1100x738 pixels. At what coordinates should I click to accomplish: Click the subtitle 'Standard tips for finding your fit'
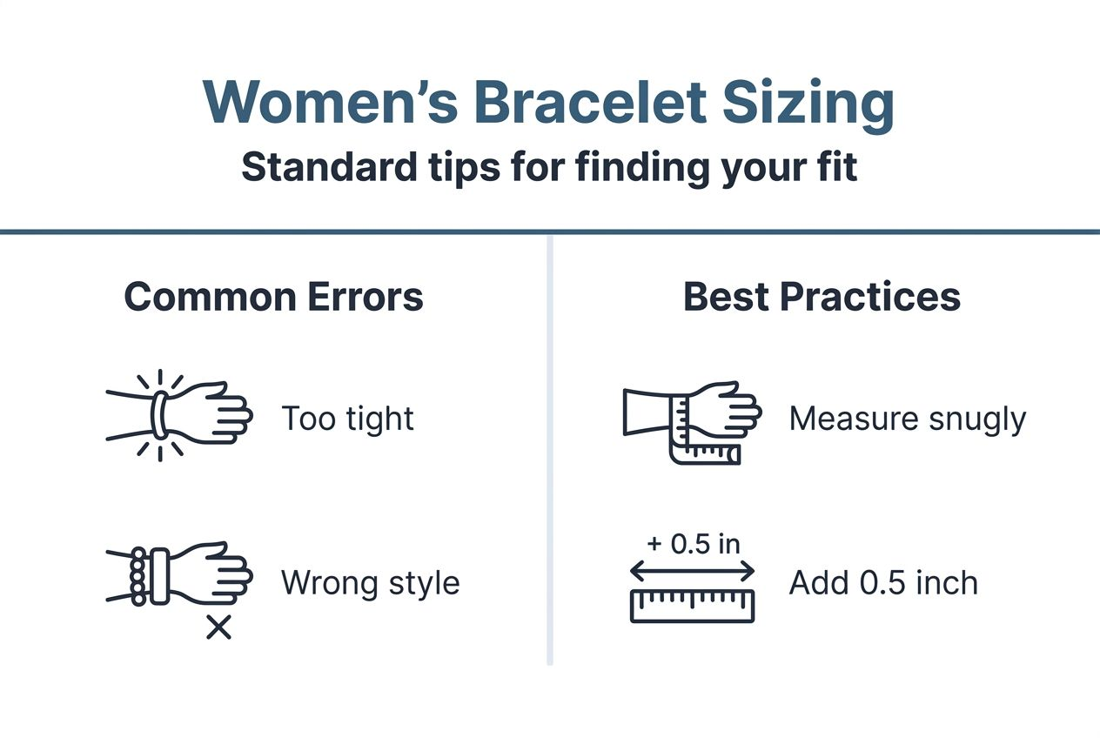[x=549, y=167]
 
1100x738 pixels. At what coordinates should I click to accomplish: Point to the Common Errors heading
[x=273, y=297]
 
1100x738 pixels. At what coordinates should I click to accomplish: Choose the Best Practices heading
[x=822, y=297]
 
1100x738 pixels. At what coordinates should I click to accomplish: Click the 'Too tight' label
[x=347, y=419]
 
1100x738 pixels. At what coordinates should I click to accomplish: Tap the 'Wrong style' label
[x=370, y=582]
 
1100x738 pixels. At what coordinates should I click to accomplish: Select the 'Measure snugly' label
[x=908, y=419]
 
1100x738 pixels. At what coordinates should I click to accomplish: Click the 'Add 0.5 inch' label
[x=883, y=582]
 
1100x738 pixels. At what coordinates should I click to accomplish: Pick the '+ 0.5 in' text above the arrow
[x=693, y=544]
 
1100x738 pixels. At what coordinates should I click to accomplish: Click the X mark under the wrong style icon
[x=218, y=627]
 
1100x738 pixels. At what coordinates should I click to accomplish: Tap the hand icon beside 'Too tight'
[x=178, y=416]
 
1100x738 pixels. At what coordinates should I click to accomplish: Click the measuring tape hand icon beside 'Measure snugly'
[x=692, y=419]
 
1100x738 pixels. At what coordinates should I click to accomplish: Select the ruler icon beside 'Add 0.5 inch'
[x=692, y=605]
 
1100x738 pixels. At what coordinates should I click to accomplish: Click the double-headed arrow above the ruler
[x=692, y=570]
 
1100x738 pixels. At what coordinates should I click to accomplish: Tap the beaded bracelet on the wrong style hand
[x=137, y=576]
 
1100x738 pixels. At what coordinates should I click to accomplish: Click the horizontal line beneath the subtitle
[x=550, y=232]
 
